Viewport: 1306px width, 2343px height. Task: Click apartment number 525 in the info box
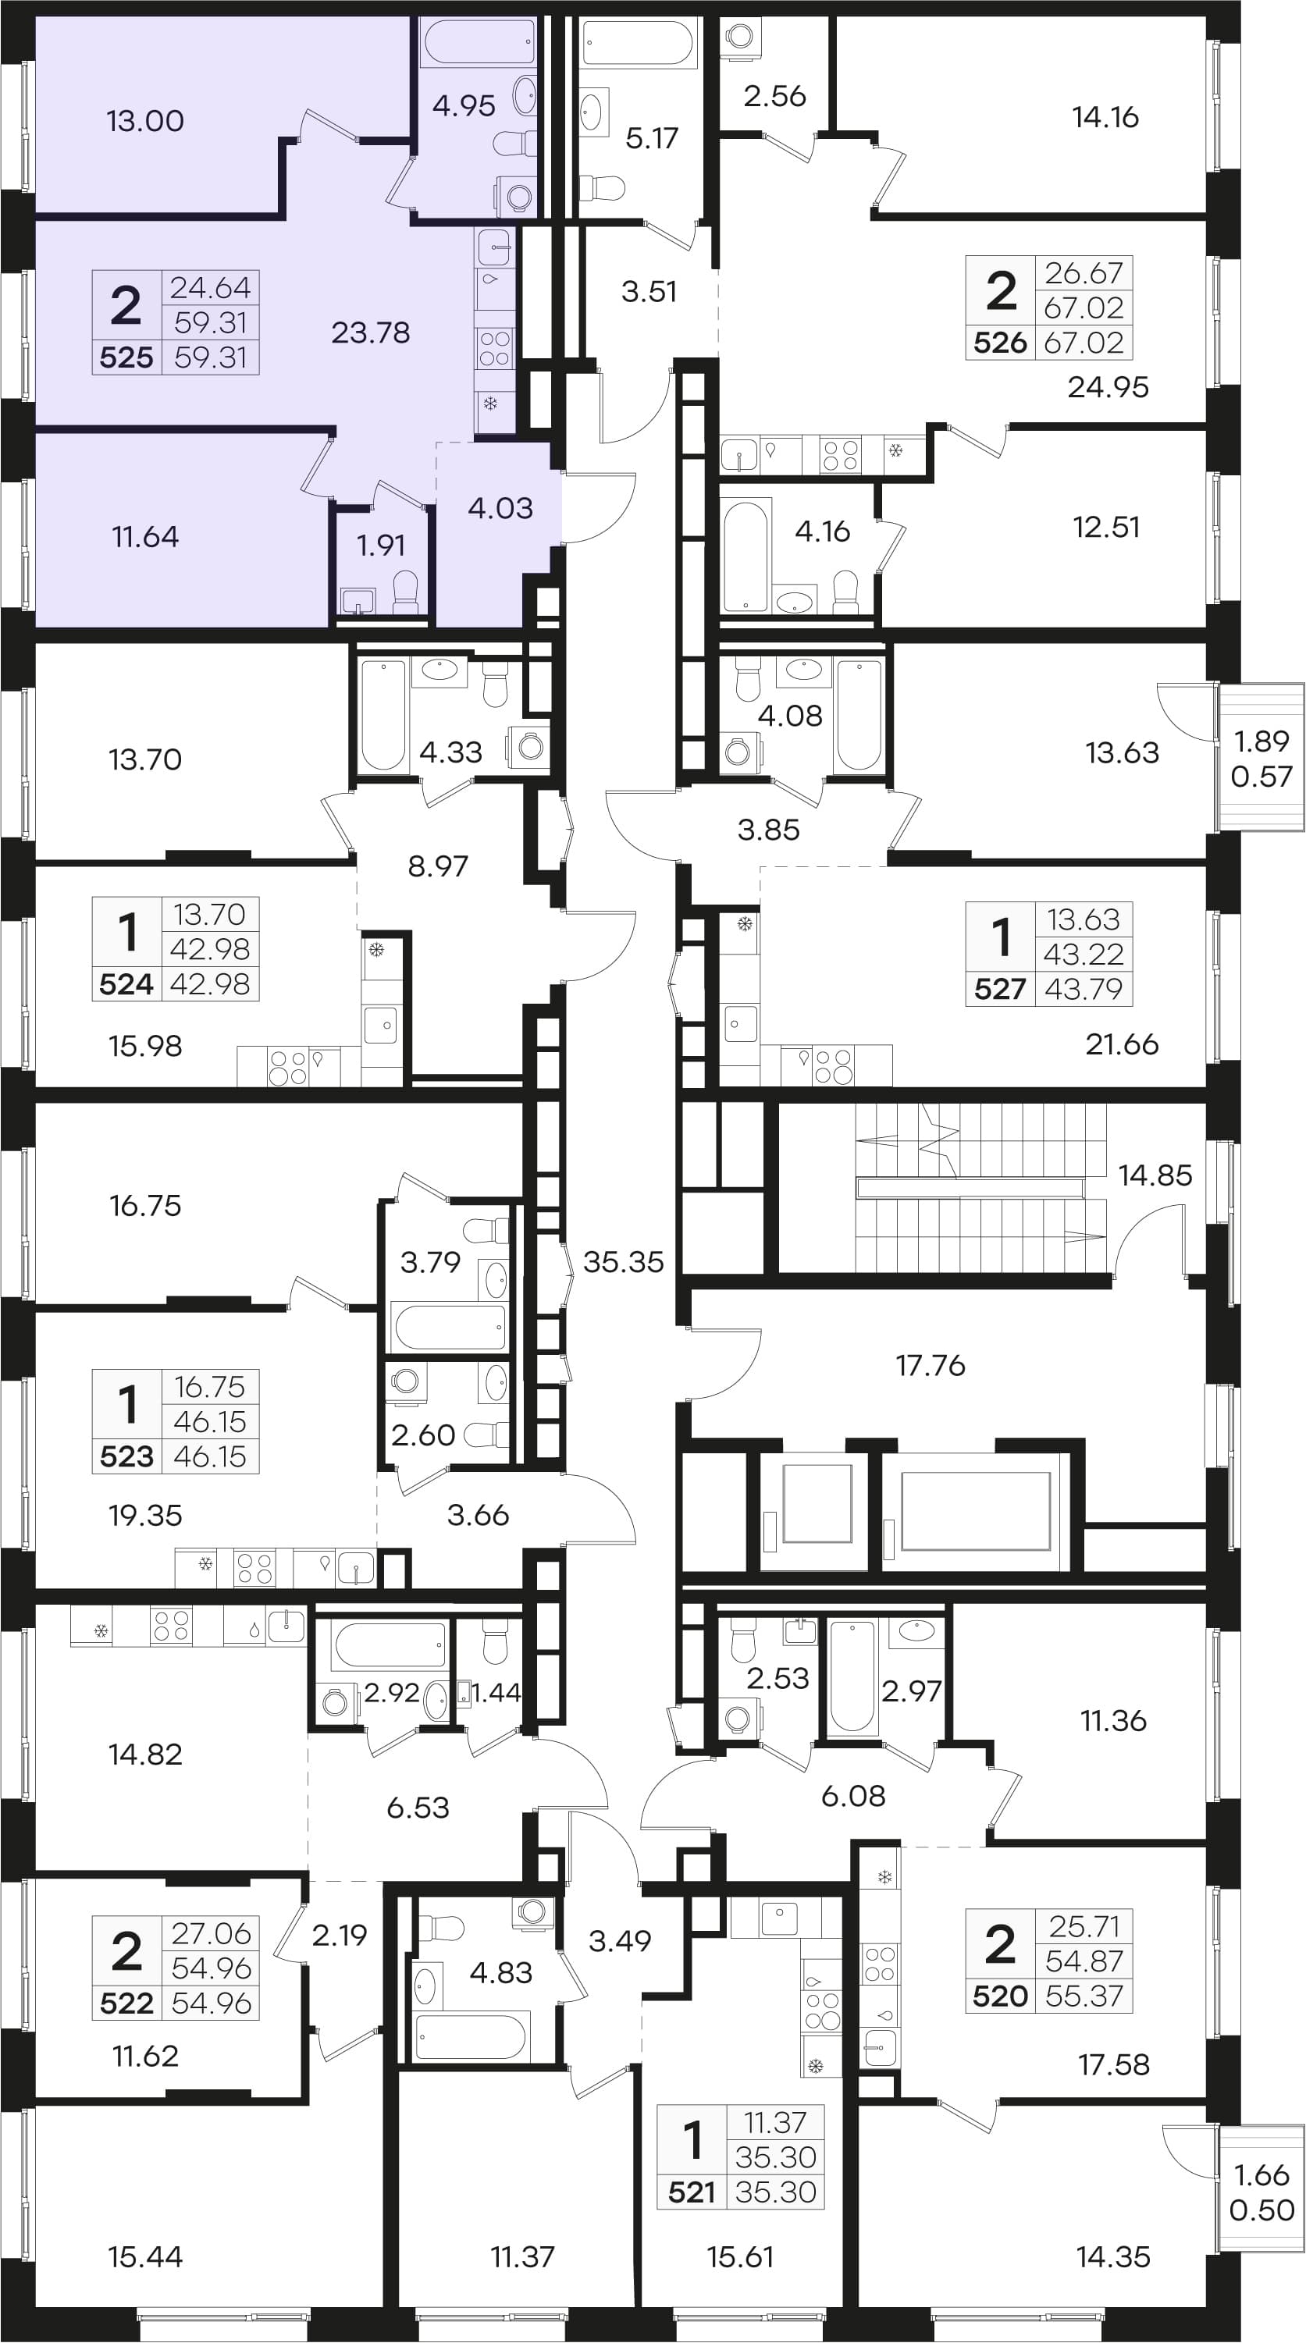coord(126,357)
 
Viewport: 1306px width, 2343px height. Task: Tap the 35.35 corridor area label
coord(623,1261)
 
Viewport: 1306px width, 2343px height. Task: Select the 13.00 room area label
coord(145,121)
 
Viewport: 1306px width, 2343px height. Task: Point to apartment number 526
coord(1001,343)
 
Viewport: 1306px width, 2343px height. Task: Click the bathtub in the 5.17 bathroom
coord(639,43)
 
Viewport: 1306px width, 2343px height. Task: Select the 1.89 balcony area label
coord(1262,741)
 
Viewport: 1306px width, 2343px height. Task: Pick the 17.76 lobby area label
coord(931,1365)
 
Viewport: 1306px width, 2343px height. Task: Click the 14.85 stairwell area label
coord(1155,1175)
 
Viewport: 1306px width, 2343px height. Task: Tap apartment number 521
coord(692,2192)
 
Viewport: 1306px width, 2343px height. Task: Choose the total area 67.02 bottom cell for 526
coord(1084,343)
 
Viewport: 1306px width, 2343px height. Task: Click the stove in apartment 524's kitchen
coord(287,1067)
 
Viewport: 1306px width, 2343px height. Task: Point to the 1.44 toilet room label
coord(496,1692)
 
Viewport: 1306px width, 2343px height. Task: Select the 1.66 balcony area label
coord(1262,2176)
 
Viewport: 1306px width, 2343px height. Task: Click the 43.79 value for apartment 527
coord(1084,989)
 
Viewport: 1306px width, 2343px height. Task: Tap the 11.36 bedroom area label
coord(1113,1721)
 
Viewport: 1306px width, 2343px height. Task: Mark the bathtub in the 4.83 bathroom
coord(471,2036)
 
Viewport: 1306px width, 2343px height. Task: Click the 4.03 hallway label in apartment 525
coord(500,508)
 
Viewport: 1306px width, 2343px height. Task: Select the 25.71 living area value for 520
coord(1084,1926)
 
